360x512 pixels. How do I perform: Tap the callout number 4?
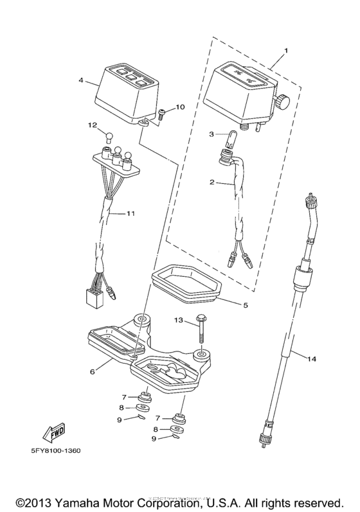[x=80, y=82]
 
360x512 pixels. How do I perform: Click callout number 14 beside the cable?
[x=312, y=360]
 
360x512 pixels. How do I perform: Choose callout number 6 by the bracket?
[x=93, y=371]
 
